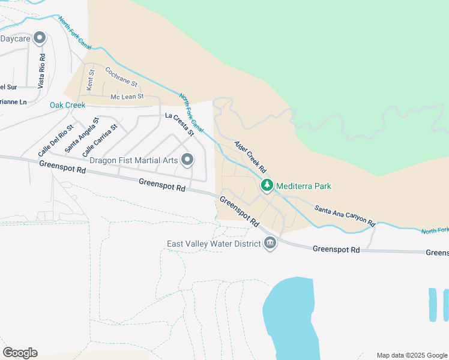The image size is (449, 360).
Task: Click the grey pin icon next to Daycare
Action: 40,38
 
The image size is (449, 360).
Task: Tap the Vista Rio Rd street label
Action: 41,71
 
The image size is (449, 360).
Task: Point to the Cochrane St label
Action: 121,76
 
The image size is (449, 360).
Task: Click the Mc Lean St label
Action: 127,97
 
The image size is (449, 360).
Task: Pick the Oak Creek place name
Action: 67,105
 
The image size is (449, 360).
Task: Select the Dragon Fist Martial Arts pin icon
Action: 187,160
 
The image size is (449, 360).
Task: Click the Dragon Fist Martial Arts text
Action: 133,160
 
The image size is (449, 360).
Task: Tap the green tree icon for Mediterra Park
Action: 267,186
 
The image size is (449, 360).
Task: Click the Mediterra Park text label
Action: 304,187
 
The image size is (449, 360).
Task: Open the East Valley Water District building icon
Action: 270,244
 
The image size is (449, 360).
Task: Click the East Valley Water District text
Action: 214,244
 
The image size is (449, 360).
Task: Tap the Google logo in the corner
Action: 20,352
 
